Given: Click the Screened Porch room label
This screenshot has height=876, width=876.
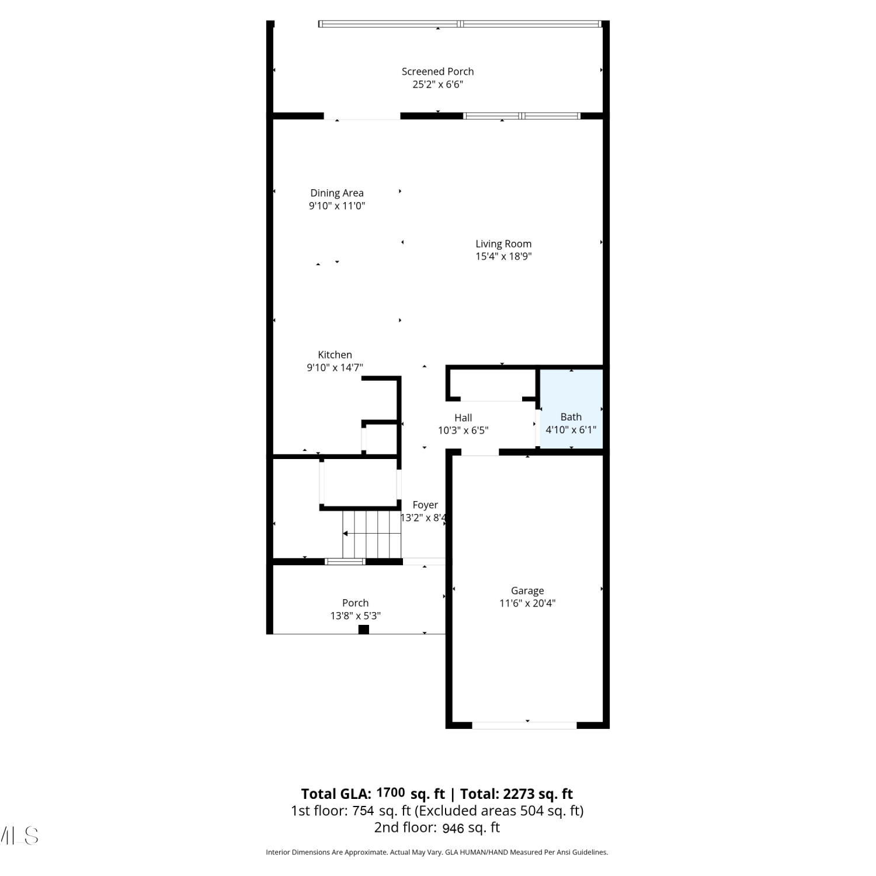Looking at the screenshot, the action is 437,71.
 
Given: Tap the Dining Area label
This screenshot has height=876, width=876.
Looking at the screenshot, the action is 337,193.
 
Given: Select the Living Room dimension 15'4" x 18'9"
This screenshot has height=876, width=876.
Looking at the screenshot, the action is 503,256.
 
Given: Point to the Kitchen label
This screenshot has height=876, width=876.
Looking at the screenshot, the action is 335,354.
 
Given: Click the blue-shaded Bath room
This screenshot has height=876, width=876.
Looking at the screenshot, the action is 571,409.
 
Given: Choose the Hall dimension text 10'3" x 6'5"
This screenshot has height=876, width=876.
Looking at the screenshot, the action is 463,430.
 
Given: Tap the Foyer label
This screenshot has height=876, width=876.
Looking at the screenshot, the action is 425,505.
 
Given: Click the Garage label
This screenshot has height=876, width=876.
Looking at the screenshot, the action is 527,591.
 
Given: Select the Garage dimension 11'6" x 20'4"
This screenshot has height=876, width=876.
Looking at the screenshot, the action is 527,603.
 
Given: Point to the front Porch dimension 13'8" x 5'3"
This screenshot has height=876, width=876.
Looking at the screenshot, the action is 356,616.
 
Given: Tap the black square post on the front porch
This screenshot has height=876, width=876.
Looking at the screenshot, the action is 364,630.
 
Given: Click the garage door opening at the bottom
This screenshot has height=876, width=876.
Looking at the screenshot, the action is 524,725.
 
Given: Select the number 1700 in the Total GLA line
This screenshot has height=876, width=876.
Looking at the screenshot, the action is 391,792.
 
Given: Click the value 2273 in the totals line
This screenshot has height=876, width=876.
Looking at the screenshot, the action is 519,794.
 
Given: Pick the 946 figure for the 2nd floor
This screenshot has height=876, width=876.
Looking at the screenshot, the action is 453,828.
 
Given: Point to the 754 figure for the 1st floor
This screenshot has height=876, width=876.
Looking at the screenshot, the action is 363,811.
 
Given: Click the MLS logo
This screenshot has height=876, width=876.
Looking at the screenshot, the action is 19,836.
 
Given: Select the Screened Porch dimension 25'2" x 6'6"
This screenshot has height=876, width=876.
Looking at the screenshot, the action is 438,84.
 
